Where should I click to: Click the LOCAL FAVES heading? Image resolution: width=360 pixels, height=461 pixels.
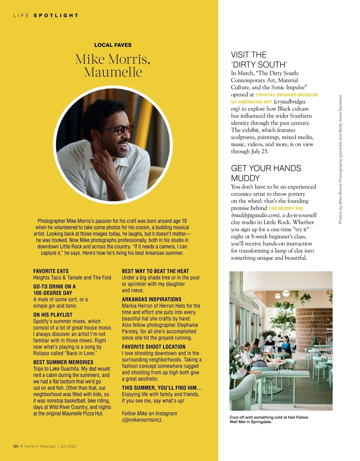(x=113, y=45)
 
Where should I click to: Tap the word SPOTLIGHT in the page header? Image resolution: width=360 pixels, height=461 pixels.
(x=56, y=15)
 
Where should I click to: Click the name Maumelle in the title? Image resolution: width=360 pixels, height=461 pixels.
(x=113, y=72)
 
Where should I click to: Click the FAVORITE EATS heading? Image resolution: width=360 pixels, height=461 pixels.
(x=51, y=271)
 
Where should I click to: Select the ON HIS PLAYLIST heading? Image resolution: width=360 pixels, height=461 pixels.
(x=53, y=315)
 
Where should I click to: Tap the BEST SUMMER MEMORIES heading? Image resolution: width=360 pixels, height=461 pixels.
(x=63, y=362)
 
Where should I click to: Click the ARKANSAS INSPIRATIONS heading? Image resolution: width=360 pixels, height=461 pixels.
(x=151, y=299)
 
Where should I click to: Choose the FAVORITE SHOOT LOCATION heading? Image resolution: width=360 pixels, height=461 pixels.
(x=154, y=347)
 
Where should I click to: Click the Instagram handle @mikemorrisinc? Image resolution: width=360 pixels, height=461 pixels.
(x=142, y=420)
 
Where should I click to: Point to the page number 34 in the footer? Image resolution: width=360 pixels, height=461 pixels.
(x=16, y=446)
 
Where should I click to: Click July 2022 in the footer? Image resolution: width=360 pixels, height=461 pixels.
(x=68, y=446)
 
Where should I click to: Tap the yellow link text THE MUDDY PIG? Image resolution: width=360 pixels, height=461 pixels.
(x=286, y=208)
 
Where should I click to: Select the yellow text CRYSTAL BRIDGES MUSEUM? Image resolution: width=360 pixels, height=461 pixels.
(x=286, y=95)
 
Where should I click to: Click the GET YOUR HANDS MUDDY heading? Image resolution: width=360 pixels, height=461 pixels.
(x=266, y=173)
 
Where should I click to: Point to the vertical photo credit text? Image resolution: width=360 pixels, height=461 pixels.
(x=340, y=159)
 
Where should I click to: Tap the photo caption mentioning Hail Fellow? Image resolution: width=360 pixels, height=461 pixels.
(x=269, y=419)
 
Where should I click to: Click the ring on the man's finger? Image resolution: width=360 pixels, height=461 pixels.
(x=95, y=157)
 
